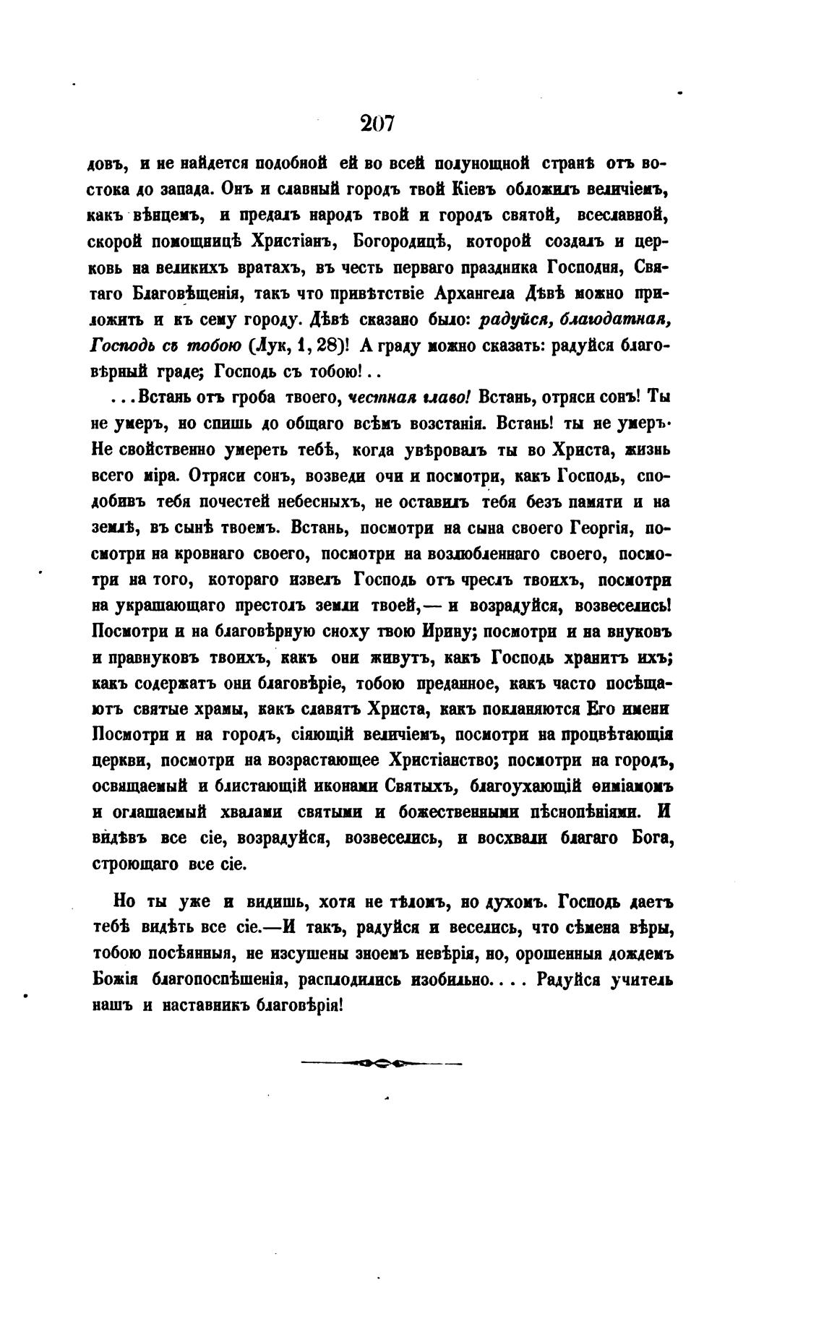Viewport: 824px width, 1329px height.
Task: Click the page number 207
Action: pyautogui.click(x=377, y=124)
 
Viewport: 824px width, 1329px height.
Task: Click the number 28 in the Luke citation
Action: pyautogui.click(x=328, y=345)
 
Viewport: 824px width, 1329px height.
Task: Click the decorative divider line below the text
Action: pyautogui.click(x=381, y=1064)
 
